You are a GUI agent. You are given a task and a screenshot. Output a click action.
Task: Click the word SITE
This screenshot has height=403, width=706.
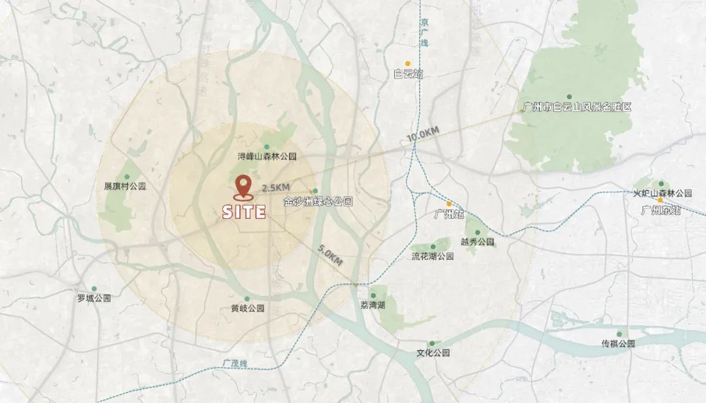244,212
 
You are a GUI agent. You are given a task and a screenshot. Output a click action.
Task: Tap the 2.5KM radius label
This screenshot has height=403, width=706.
275,188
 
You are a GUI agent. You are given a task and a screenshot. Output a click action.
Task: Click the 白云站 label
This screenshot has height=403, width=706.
409,74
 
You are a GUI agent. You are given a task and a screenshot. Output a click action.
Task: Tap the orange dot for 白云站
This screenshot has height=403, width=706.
407,63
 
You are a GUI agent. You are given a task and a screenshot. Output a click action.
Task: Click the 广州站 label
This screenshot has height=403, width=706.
449,214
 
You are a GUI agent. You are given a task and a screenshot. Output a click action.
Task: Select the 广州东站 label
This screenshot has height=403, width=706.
661,210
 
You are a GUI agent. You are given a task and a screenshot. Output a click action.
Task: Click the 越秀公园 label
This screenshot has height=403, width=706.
477,242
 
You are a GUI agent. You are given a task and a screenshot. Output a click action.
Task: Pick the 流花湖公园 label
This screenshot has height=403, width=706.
433,256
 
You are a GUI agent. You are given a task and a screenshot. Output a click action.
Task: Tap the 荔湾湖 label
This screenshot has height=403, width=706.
373,305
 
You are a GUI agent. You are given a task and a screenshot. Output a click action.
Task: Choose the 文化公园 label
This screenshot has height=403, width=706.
433,353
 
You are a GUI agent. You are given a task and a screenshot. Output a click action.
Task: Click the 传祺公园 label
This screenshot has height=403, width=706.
618,344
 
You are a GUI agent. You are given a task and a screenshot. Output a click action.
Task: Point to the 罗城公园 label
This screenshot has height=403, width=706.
94,298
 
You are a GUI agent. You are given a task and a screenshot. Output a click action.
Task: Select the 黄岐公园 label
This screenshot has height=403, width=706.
247,308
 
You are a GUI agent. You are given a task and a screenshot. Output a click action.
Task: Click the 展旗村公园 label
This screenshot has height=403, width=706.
125,186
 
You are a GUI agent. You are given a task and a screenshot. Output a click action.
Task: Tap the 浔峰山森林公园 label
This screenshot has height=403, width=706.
267,157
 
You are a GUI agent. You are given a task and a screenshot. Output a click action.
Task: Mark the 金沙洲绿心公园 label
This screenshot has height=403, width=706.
318,202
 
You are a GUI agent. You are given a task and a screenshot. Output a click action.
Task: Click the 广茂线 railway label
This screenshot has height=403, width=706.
233,363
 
